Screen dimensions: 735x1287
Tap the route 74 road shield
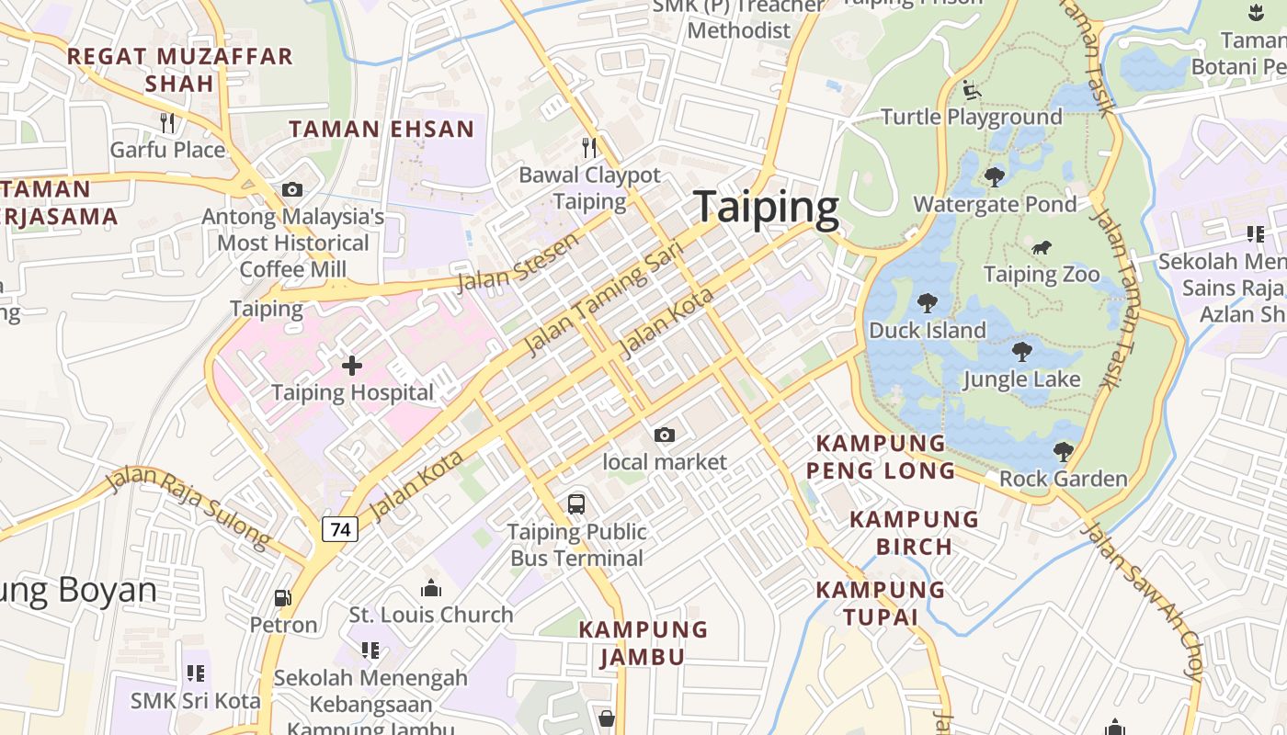click(340, 529)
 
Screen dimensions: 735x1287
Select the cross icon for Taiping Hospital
click(352, 366)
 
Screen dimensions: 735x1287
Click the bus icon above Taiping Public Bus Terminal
click(576, 503)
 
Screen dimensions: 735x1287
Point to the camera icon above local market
click(664, 435)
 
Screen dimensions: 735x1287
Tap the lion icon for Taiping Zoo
click(1041, 247)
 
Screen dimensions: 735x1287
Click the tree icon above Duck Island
click(928, 302)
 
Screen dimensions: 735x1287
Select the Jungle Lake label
click(1021, 379)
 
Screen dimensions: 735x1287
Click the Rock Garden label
click(1063, 479)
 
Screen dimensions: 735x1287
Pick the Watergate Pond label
click(994, 204)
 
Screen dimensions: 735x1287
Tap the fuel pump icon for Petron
click(283, 598)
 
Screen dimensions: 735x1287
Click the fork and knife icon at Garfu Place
click(167, 122)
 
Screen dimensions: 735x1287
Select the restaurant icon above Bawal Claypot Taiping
click(589, 147)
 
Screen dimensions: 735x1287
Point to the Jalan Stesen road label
click(518, 262)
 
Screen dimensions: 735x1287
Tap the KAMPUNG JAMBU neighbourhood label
click(643, 643)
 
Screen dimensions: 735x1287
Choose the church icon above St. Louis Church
click(430, 588)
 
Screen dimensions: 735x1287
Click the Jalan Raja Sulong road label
click(187, 506)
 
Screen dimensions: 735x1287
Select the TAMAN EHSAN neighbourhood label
click(382, 129)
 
